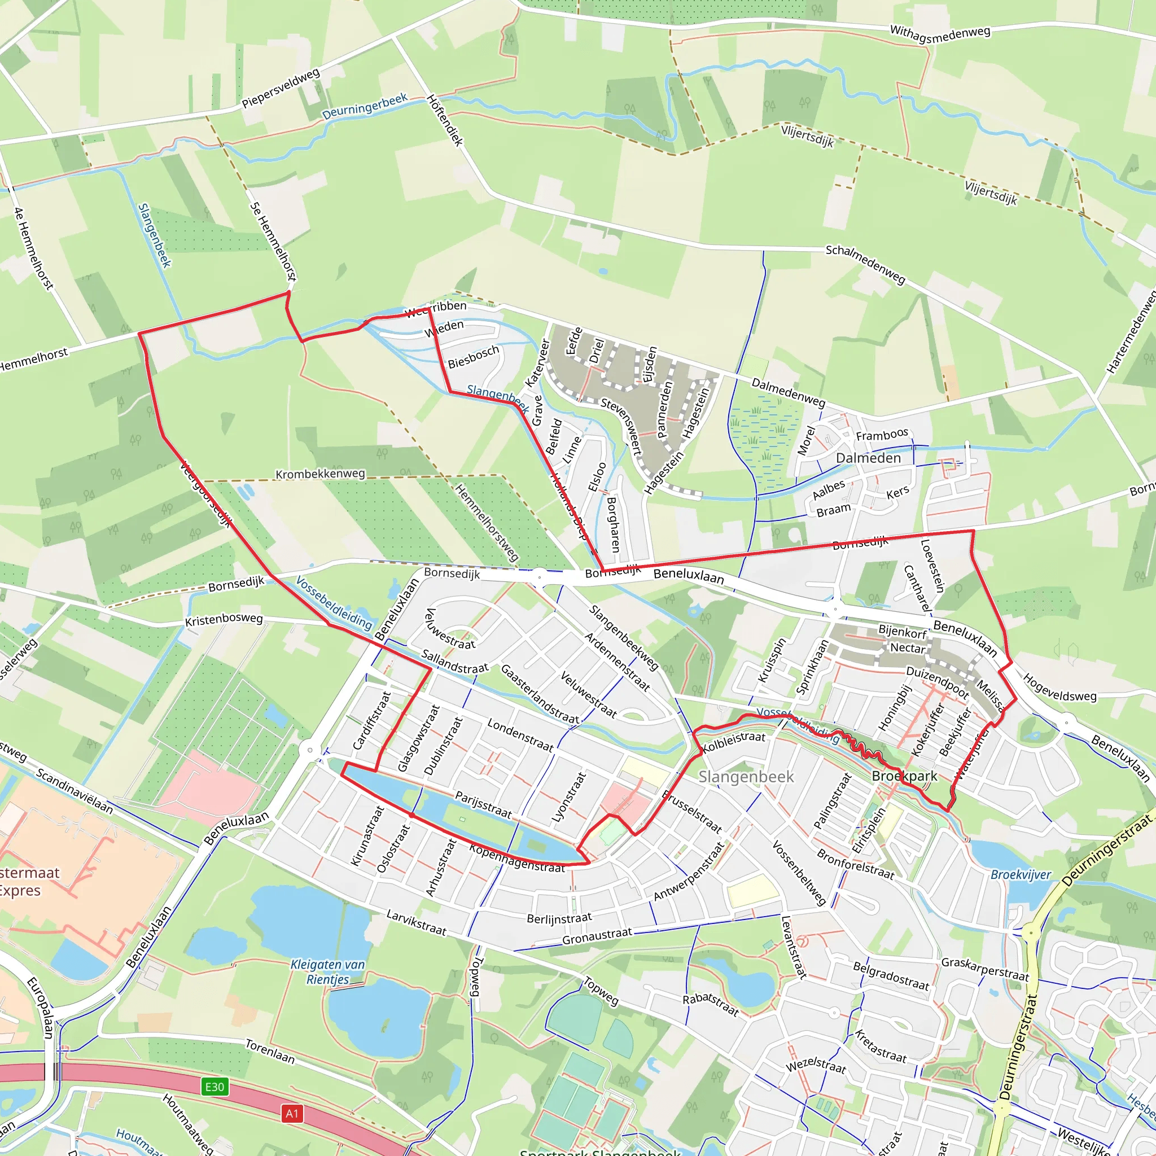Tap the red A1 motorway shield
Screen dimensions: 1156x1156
291,1114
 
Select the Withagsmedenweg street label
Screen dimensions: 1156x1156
940,33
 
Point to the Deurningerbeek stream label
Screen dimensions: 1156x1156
365,106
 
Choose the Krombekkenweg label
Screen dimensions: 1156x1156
320,474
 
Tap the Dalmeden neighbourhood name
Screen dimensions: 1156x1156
868,458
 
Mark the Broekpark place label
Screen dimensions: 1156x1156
904,776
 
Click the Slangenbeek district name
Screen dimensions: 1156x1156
746,777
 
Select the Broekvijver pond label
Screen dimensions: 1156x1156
1021,875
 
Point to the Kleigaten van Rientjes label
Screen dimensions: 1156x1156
327,972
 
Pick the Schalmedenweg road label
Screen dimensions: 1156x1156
865,263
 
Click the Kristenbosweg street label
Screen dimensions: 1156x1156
224,619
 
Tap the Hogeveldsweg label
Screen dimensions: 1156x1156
1059,688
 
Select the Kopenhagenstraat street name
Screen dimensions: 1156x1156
517,859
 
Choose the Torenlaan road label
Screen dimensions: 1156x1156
270,1051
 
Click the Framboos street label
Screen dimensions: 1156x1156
882,435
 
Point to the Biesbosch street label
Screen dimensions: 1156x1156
473,357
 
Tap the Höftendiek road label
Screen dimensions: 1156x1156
445,120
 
